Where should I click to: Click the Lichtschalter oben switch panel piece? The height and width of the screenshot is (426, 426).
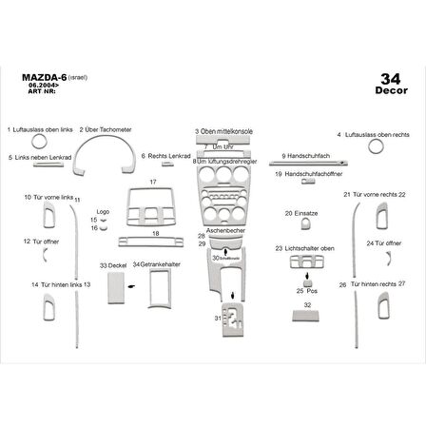(x=309, y=264)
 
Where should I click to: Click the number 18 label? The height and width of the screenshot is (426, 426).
(x=155, y=233)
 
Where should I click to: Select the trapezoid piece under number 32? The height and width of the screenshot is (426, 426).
(x=306, y=316)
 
